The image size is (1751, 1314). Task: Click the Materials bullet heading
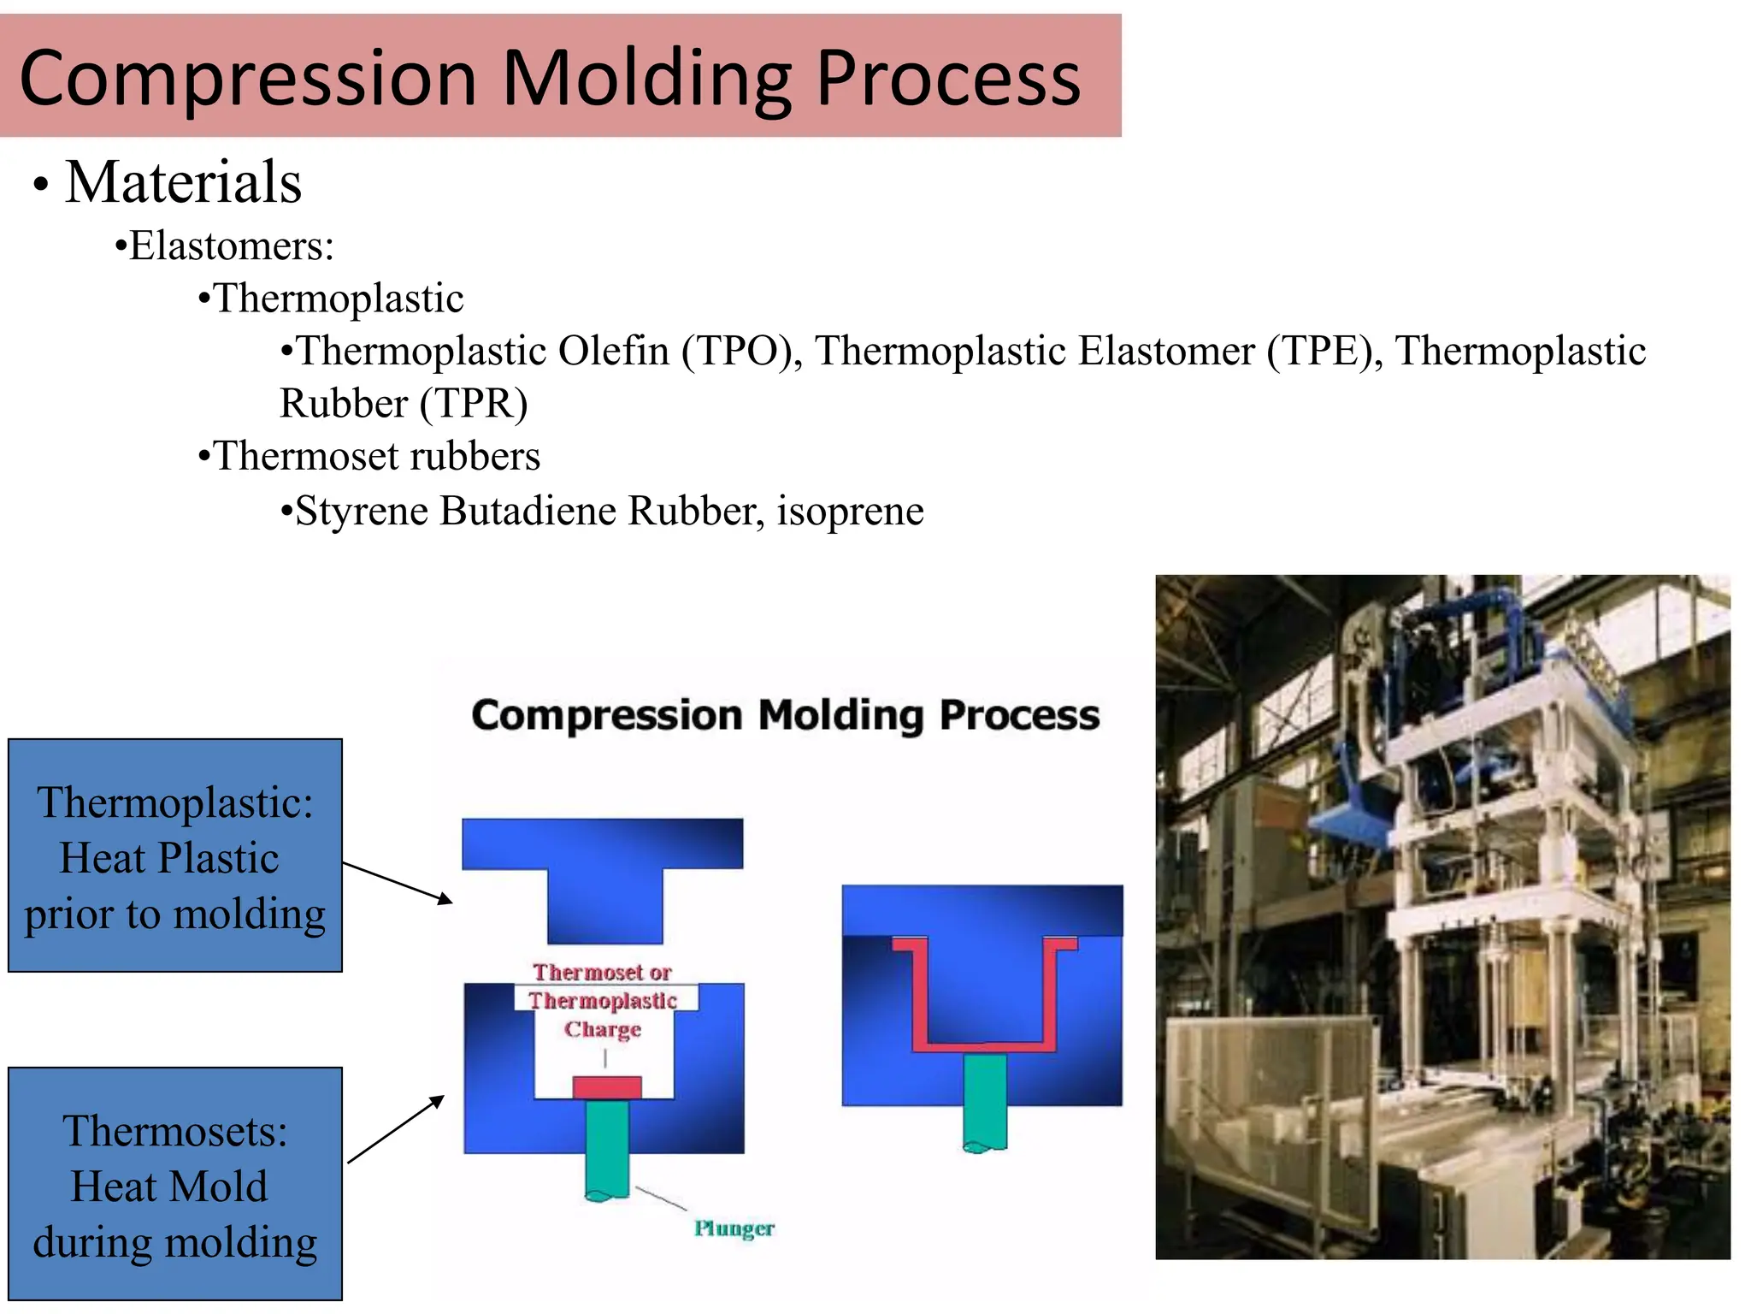click(183, 182)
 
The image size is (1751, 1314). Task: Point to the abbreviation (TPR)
click(475, 404)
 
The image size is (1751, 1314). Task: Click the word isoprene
click(850, 512)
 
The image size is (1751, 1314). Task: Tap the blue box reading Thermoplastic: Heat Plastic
click(175, 855)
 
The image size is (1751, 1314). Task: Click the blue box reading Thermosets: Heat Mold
click(175, 1184)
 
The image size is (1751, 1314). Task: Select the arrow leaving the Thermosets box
click(396, 1129)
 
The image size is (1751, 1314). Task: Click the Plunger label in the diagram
click(734, 1228)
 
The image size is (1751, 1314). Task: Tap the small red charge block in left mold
click(606, 1087)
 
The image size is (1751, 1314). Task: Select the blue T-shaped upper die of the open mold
click(603, 864)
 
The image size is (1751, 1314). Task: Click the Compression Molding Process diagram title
click(785, 715)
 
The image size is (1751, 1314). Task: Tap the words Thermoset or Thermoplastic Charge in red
click(603, 1000)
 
